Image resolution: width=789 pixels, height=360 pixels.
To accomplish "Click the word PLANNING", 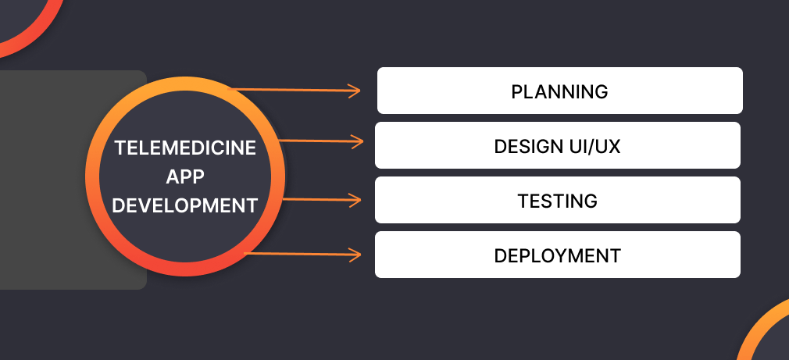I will (559, 91).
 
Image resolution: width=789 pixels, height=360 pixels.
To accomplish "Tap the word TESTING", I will (557, 201).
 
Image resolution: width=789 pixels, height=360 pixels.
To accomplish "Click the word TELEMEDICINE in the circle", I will (185, 148).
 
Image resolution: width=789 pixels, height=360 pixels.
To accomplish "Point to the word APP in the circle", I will (185, 177).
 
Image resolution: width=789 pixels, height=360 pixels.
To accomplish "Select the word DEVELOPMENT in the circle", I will (185, 206).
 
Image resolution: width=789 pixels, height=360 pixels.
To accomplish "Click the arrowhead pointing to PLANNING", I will (355, 91).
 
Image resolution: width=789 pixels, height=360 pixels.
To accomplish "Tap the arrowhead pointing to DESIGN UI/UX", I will (359, 142).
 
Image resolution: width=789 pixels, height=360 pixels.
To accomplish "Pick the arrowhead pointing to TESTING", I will (356, 200).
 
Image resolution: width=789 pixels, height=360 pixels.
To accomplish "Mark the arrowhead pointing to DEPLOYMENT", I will (356, 255).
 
